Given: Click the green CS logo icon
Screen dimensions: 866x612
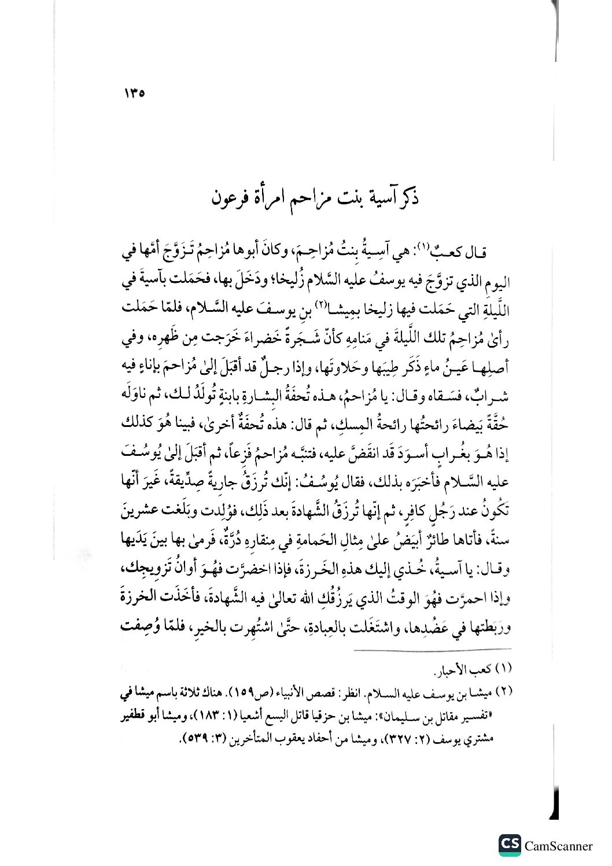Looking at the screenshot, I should point(510,845).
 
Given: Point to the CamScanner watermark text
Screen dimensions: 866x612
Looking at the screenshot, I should point(559,846).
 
